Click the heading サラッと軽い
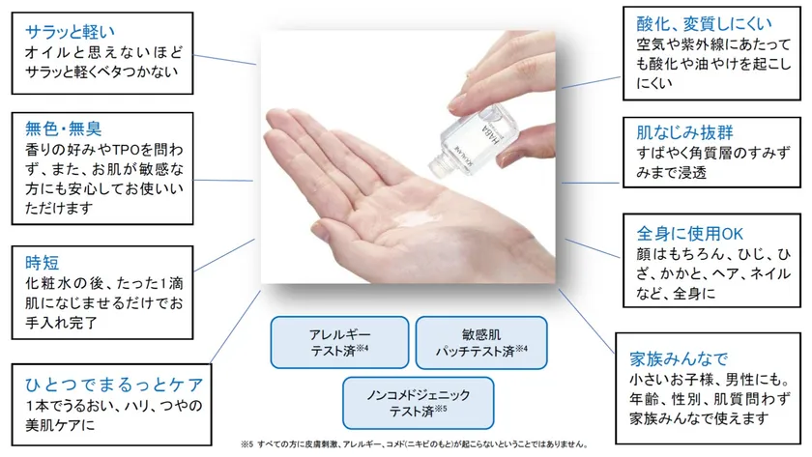70,32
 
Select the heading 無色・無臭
63,129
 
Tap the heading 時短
42,263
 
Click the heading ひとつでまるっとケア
114,385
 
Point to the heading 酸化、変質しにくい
705,23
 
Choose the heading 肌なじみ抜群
684,132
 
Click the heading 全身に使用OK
690,234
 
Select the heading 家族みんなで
679,358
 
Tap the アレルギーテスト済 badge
339,343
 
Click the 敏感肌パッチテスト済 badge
481,343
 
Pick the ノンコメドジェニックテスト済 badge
418,403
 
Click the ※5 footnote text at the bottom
415,444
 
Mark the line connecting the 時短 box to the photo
224,255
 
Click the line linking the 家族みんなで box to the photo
587,322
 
